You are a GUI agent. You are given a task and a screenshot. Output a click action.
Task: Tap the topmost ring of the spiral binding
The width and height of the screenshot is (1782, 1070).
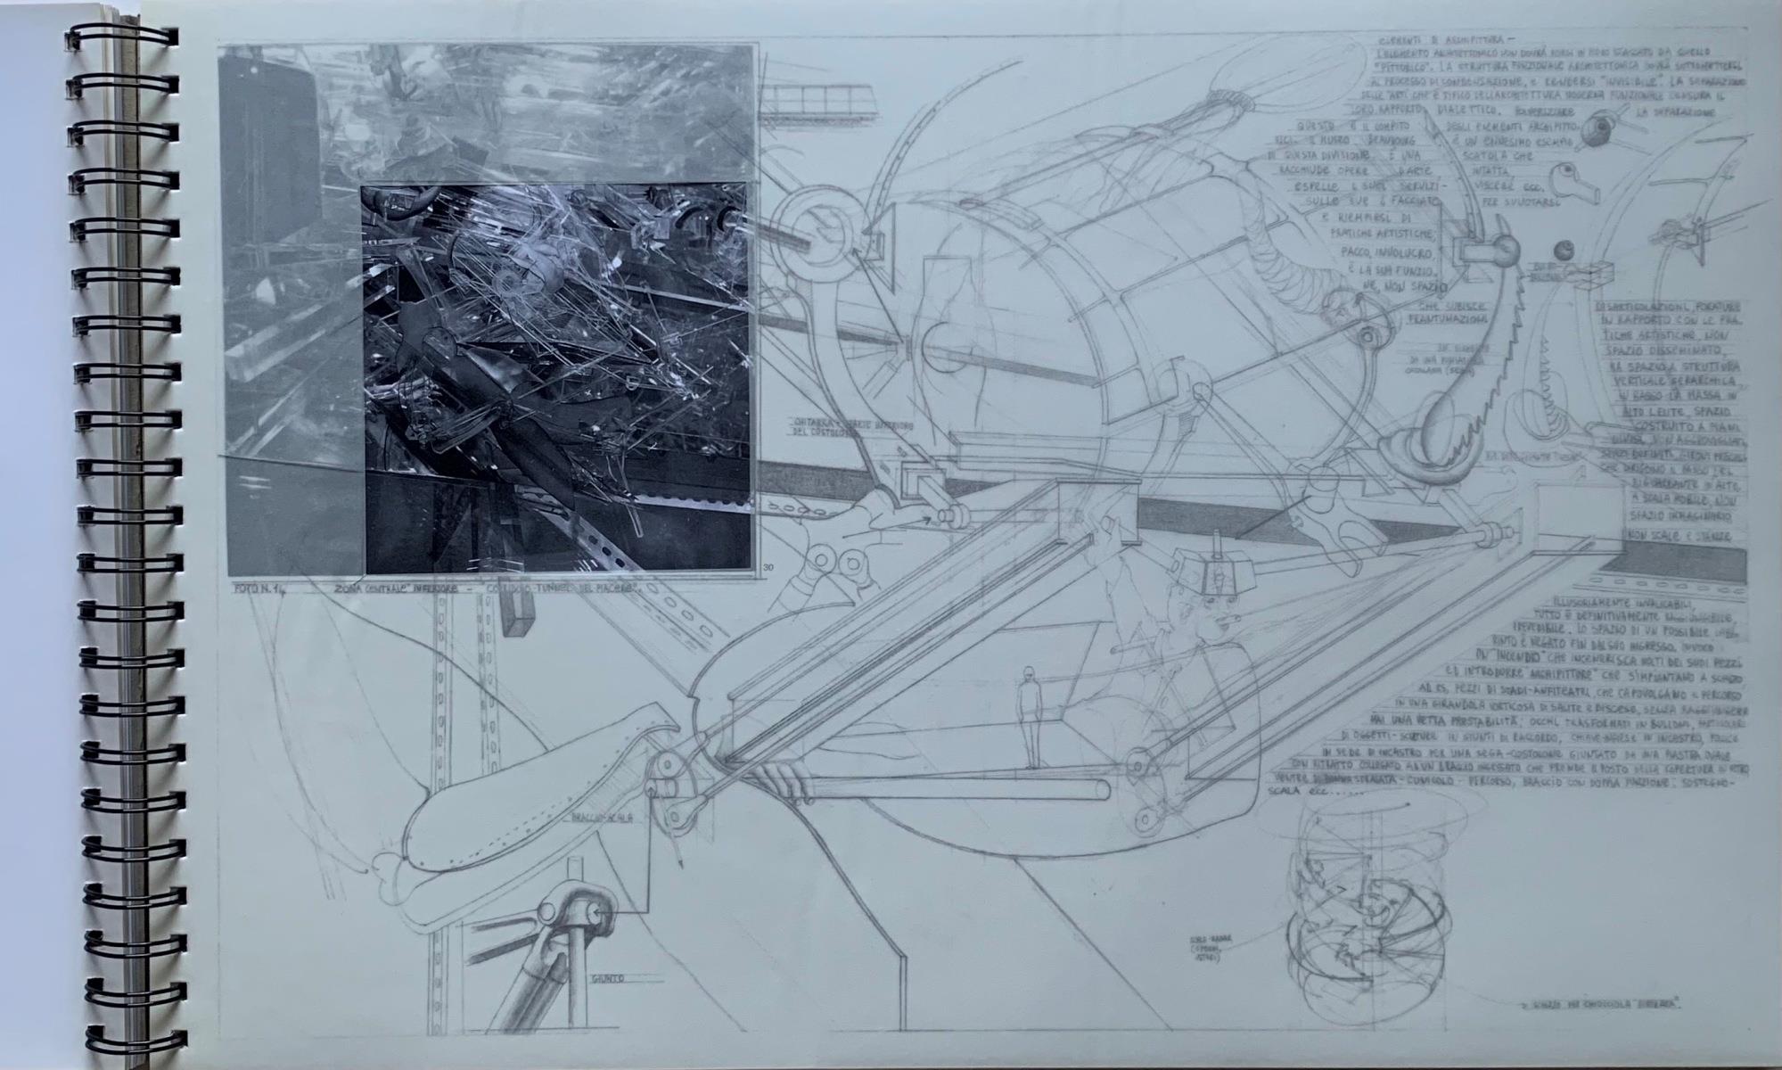pos(125,38)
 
